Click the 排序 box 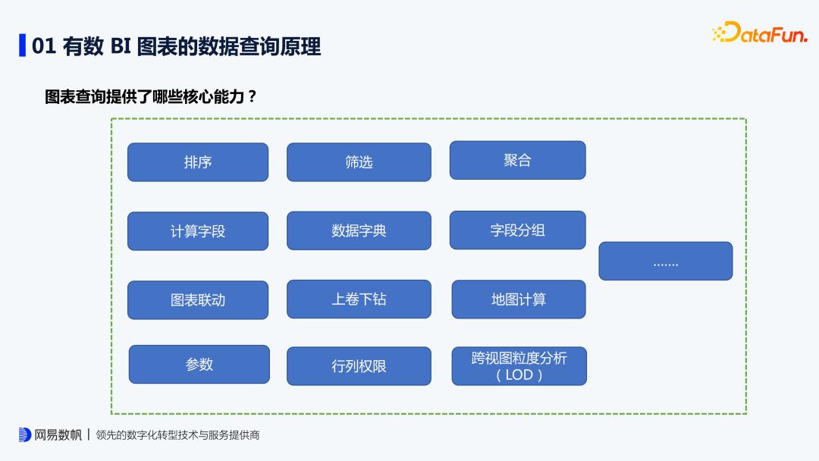click(198, 162)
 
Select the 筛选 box click(359, 162)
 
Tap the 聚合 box click(517, 161)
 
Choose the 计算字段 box click(198, 231)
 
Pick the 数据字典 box click(359, 230)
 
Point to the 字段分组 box click(517, 230)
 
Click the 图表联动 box click(198, 300)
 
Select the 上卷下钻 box click(359, 299)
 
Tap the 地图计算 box click(519, 299)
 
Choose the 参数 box click(199, 365)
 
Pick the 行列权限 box click(359, 366)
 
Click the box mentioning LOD click(519, 366)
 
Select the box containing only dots click(666, 262)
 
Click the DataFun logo click(760, 33)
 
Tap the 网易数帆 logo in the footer click(50, 435)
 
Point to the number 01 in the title click(44, 46)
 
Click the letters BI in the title click(121, 46)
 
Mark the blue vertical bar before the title click(23, 45)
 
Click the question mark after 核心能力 click(251, 97)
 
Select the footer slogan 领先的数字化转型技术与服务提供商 click(178, 436)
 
